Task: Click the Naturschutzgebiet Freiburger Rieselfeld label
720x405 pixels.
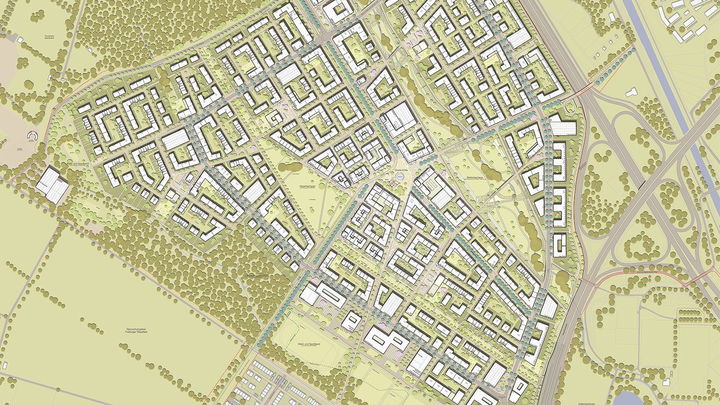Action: point(136,331)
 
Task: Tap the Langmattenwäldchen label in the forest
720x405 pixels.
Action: point(253,275)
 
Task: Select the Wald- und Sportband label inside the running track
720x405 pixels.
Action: point(309,345)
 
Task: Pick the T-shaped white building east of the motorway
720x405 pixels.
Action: point(631,92)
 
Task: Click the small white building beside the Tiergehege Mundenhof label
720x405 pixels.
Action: point(21,40)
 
